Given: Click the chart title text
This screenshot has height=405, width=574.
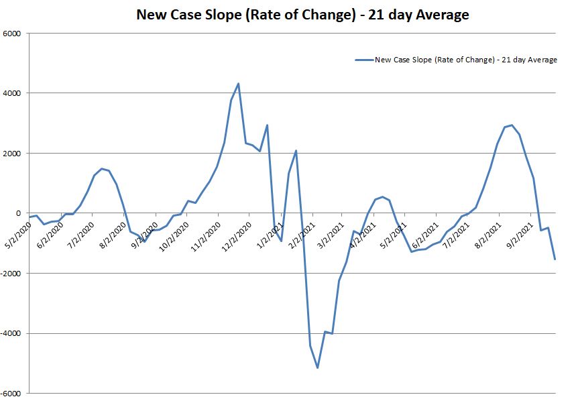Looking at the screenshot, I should click(x=302, y=13).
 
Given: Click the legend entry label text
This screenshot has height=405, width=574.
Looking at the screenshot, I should click(x=466, y=60).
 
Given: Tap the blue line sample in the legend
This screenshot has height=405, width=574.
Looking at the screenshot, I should click(x=363, y=60).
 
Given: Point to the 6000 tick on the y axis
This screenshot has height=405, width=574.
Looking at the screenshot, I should click(x=13, y=34).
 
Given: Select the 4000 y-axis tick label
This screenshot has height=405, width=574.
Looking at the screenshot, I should click(x=13, y=93).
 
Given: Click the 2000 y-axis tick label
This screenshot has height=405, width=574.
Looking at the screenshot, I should click(x=13, y=154).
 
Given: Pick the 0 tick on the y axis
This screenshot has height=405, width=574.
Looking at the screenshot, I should click(x=19, y=213).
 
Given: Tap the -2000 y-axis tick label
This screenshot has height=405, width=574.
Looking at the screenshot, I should click(x=11, y=274).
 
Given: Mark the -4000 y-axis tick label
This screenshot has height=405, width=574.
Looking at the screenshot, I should click(x=11, y=333).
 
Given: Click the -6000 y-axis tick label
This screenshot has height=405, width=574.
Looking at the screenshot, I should click(x=11, y=394).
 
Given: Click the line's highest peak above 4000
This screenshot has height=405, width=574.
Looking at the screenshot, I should click(x=238, y=84).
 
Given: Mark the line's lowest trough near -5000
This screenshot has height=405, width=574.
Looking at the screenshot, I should click(x=317, y=367).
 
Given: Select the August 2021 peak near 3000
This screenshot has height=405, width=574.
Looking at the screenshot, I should click(x=512, y=125).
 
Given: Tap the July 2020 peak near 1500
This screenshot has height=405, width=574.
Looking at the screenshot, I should click(x=101, y=169).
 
